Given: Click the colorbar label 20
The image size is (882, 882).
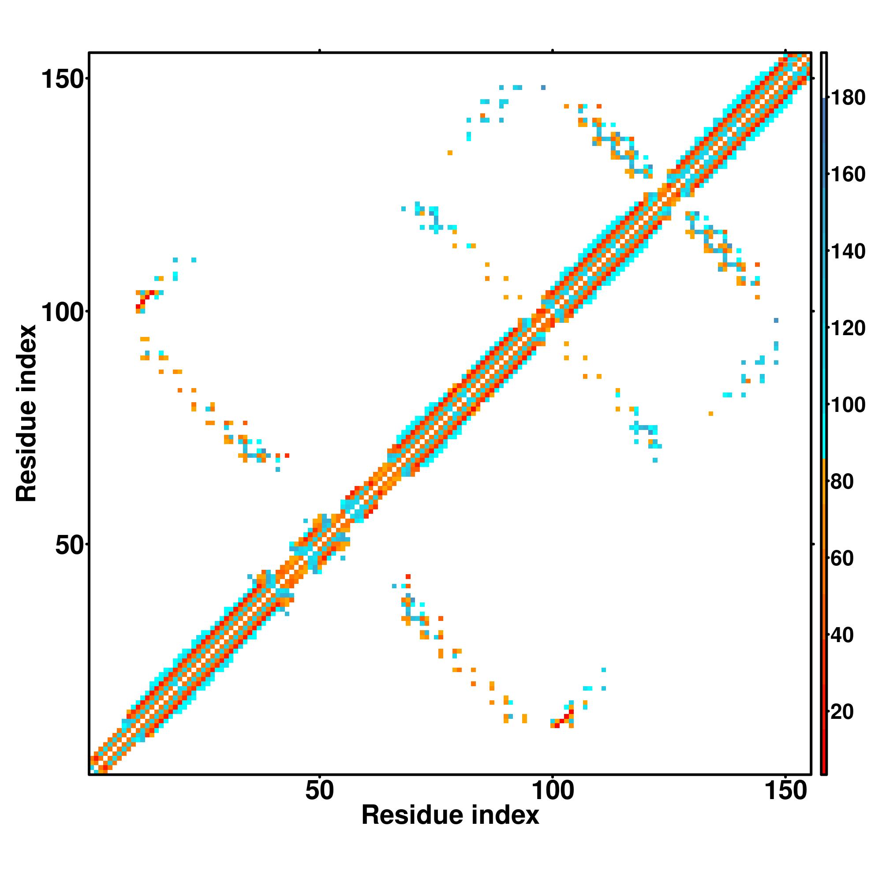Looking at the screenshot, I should pyautogui.click(x=848, y=711).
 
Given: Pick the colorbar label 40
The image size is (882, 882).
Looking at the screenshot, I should pyautogui.click(x=848, y=635).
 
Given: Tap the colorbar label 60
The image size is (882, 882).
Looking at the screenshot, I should pyautogui.click(x=848, y=558).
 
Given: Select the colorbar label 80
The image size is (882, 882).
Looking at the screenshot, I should pyautogui.click(x=848, y=482).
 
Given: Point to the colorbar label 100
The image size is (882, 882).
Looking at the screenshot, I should pyautogui.click(x=848, y=404).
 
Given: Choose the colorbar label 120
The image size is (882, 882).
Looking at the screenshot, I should pyautogui.click(x=848, y=328).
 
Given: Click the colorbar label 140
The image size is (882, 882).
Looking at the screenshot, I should pyautogui.click(x=848, y=251).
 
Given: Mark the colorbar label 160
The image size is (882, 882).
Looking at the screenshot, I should pyautogui.click(x=848, y=174).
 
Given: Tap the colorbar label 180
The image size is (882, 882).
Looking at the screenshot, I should pyautogui.click(x=848, y=98).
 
